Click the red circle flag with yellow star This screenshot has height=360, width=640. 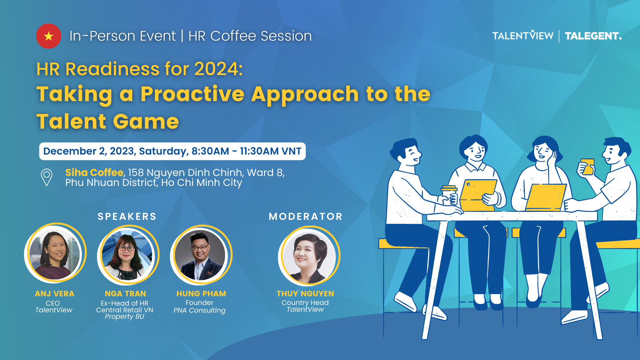pos(49,36)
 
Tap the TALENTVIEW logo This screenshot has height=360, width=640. pos(523,36)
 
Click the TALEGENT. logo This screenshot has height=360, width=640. pos(593,36)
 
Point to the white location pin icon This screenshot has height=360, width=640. pos(47,177)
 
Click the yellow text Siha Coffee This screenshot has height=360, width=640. pos(94,172)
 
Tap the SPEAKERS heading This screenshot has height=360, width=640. pos(127,217)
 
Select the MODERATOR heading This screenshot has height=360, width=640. pos(306,217)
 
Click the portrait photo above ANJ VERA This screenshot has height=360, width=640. pos(55,253)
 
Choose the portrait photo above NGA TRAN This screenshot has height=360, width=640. pos(128,255)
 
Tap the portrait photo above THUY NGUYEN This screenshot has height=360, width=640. pos(309,256)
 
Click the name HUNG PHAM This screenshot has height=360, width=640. pos(201,294)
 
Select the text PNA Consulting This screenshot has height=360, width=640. pos(199,310)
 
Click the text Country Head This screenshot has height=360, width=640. pos(305,302)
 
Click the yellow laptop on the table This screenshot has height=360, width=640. pos(545,197)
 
